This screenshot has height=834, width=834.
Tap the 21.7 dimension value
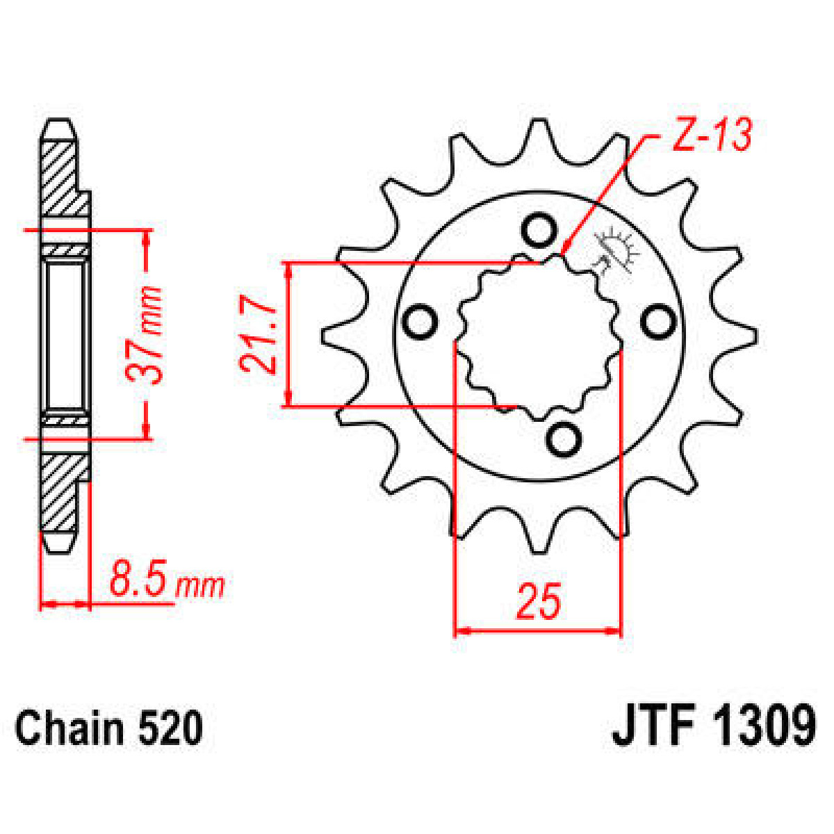[x=256, y=334]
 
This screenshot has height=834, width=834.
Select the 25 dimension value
[x=538, y=601]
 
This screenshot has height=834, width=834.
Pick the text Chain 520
[x=109, y=728]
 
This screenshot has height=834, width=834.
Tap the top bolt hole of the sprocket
[x=539, y=231]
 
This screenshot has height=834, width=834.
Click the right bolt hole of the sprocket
[x=657, y=321]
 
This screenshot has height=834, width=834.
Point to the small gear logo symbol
[x=615, y=250]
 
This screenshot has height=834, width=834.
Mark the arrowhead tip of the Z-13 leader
[x=563, y=252]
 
